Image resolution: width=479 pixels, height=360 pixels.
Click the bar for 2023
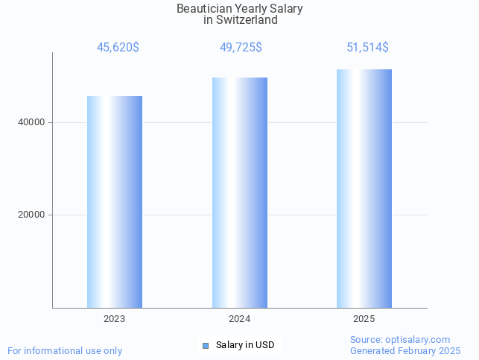click(x=115, y=201)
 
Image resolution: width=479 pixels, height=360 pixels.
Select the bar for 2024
click(x=240, y=192)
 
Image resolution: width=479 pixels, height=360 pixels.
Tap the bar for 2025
click(x=364, y=188)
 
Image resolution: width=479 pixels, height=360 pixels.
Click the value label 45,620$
click(x=118, y=48)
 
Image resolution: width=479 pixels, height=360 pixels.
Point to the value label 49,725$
click(x=241, y=48)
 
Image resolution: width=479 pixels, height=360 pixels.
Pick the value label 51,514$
click(x=367, y=48)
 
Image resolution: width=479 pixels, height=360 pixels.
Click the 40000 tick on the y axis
click(x=31, y=122)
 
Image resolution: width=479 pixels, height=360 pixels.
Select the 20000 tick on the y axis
click(x=31, y=215)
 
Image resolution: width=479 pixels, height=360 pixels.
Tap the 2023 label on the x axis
click(x=115, y=318)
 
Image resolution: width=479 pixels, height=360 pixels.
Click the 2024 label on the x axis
click(x=240, y=318)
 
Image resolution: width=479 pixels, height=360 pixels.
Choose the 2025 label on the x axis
click(x=364, y=318)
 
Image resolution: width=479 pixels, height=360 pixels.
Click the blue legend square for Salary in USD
click(x=206, y=345)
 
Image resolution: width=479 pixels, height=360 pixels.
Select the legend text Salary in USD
click(x=245, y=345)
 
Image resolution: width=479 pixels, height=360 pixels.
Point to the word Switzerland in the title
click(x=247, y=20)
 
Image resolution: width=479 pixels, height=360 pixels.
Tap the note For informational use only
click(x=65, y=350)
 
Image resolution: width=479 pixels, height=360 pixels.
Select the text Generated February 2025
click(x=405, y=350)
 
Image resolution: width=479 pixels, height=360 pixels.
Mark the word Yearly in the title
click(x=250, y=9)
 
